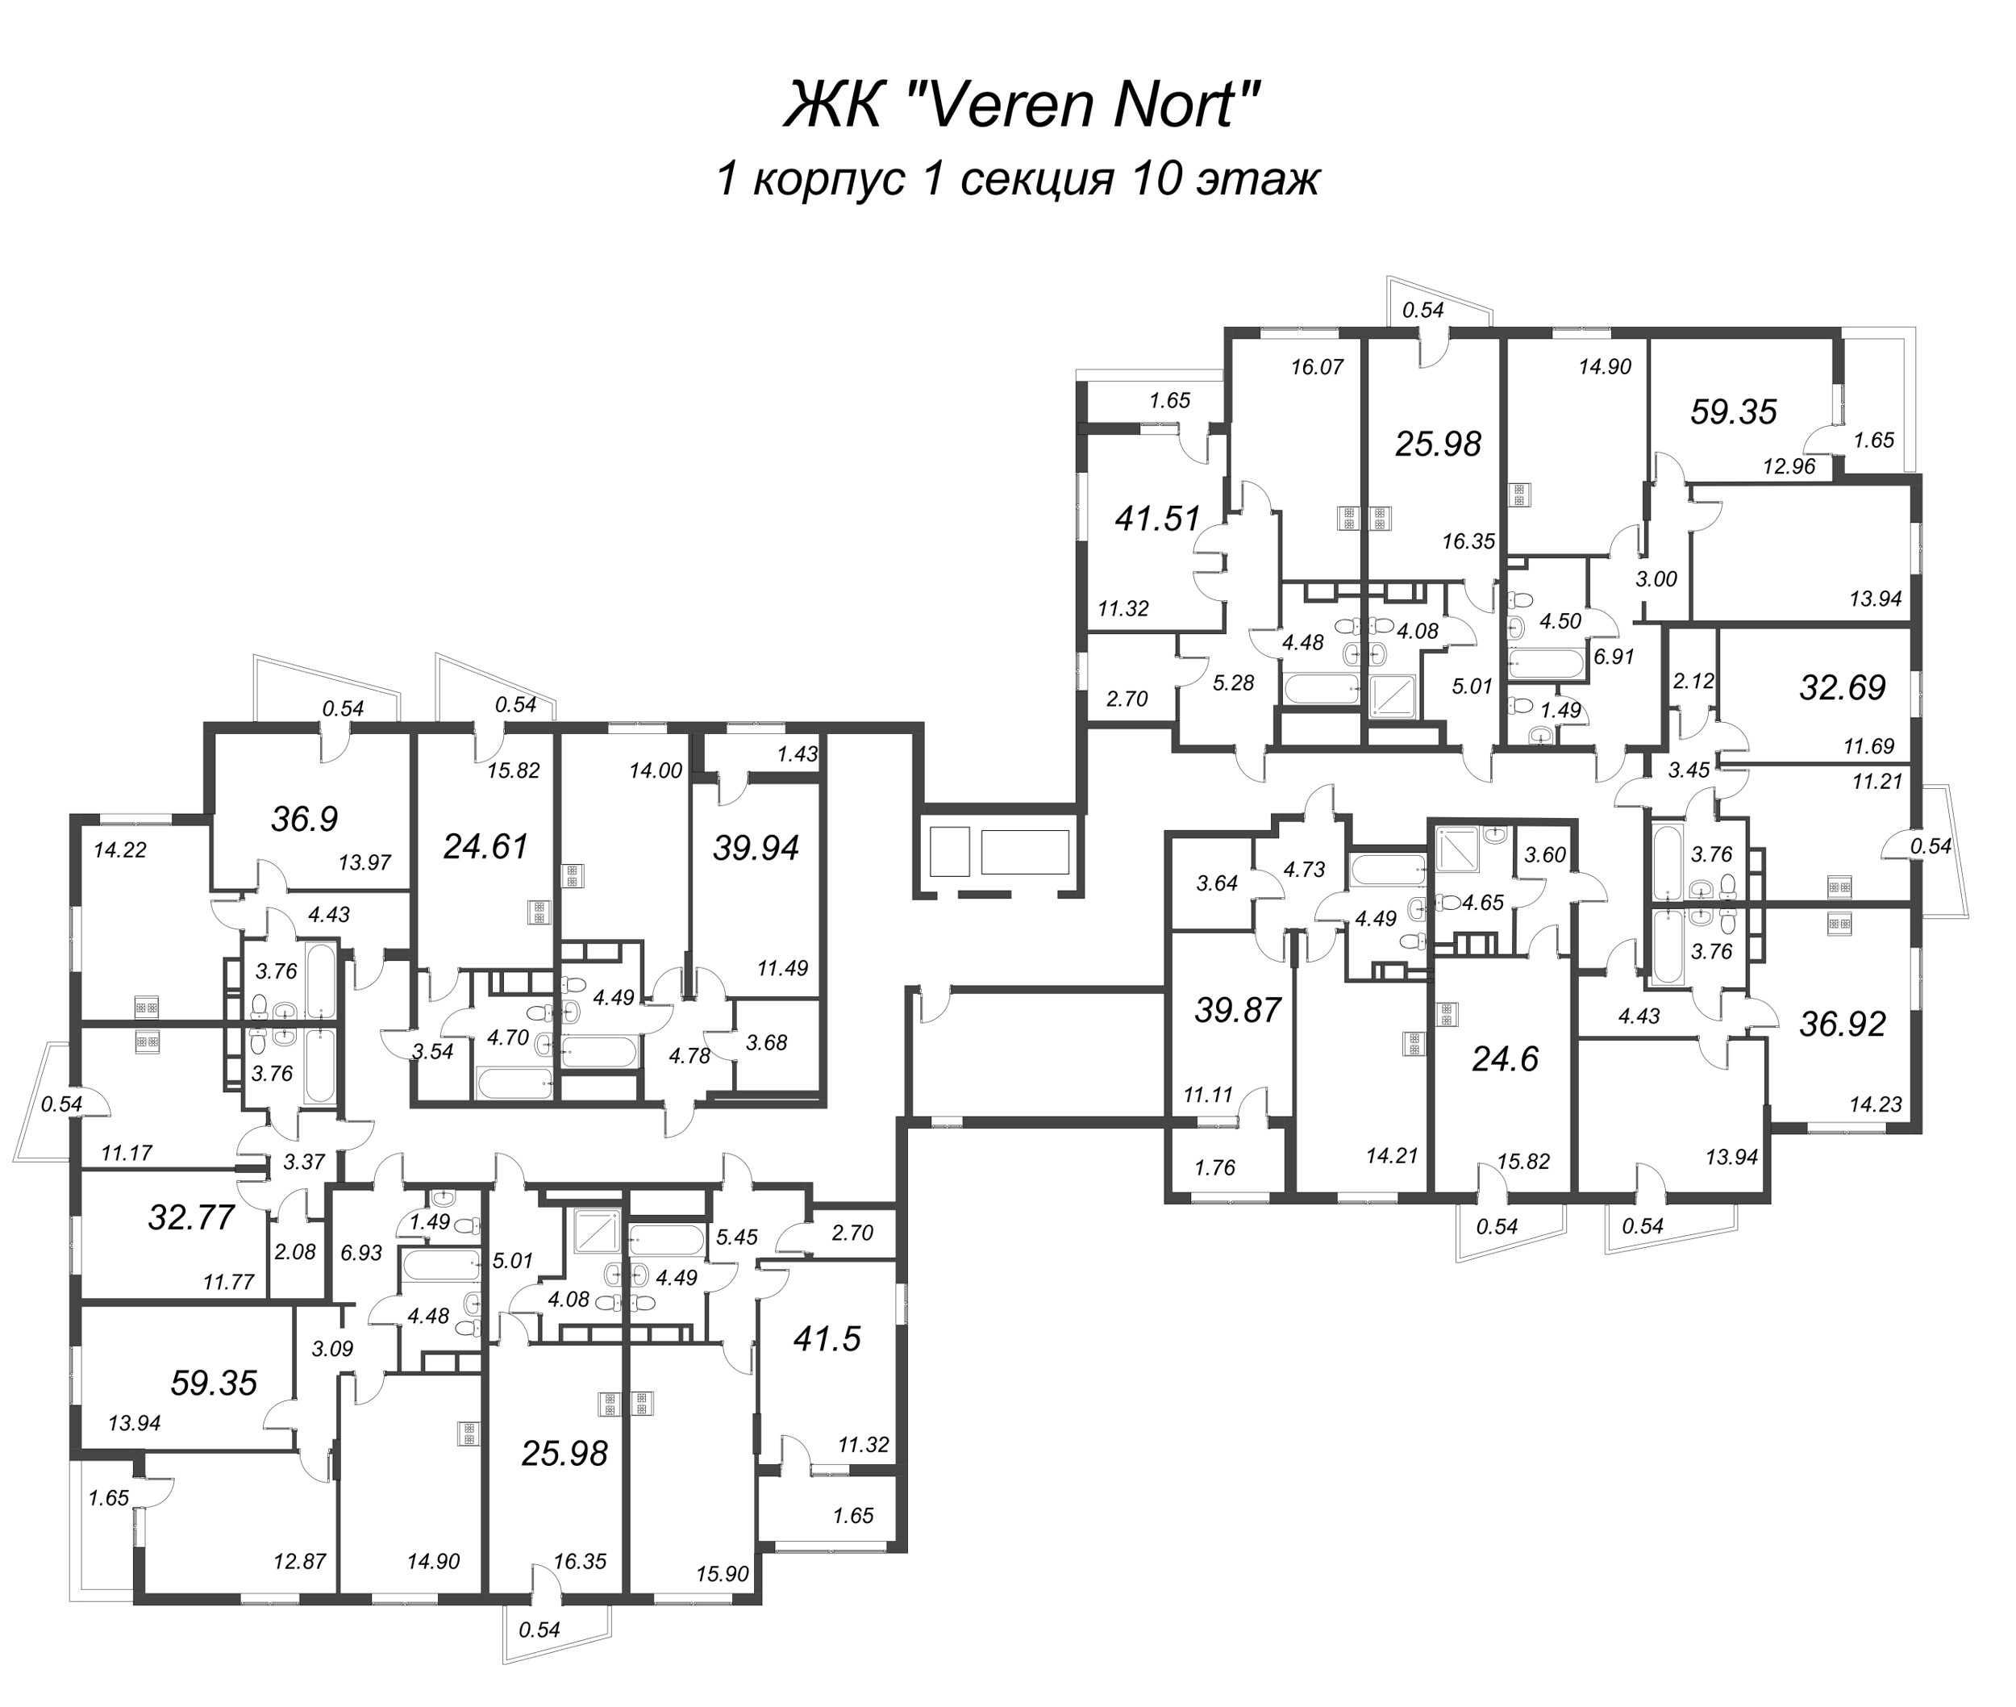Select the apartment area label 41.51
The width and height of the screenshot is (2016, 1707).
1157,520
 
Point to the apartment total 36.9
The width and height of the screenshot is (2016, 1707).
305,820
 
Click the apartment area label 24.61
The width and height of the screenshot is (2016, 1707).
485,847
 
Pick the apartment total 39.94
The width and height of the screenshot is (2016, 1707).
756,848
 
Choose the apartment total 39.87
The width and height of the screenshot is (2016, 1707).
1239,1010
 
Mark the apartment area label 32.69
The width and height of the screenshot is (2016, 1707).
1842,688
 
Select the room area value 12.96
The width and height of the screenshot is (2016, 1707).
1789,466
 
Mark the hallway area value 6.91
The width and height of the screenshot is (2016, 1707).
1614,656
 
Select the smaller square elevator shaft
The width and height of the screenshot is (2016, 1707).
948,852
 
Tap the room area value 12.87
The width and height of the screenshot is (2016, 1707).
300,1561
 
